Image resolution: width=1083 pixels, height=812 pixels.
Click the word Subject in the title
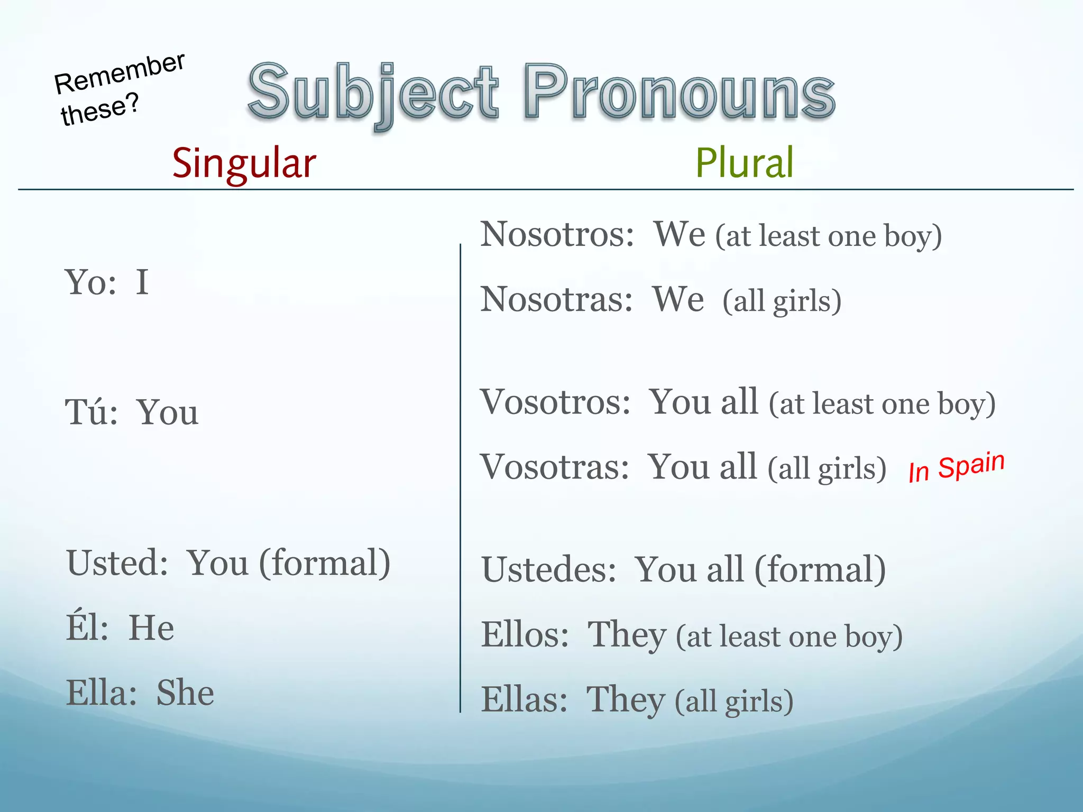(x=373, y=93)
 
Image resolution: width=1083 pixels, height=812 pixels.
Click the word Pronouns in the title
(x=680, y=93)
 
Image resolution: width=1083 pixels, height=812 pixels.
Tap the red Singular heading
(x=244, y=163)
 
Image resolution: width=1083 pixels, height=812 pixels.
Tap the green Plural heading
(x=744, y=163)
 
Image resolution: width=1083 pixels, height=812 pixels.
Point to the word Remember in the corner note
(x=120, y=73)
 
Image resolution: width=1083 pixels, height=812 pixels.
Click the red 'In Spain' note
(x=956, y=467)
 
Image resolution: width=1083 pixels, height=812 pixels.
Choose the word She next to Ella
(x=185, y=693)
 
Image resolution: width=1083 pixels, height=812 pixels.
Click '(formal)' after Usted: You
(x=324, y=564)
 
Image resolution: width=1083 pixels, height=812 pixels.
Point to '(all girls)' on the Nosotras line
(x=782, y=301)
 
